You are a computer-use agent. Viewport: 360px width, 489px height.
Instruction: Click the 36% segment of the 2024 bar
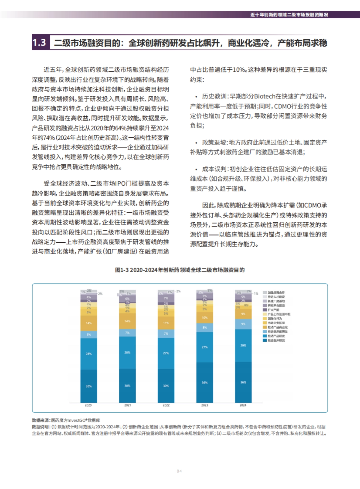coord(243,382)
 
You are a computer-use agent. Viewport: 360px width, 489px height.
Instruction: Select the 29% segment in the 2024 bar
coord(243,345)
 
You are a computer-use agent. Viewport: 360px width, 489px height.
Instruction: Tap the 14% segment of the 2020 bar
coord(88,323)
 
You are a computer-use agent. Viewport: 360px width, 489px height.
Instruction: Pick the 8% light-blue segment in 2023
coord(205,328)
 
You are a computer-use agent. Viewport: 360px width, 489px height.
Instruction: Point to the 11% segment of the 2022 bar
coord(166,323)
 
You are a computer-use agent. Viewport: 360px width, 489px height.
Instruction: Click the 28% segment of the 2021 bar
coord(127,352)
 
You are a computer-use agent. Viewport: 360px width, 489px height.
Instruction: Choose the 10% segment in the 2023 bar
coord(205,317)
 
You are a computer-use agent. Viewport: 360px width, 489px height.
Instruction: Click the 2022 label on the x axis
coord(166,405)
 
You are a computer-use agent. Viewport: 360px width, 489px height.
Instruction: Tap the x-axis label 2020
coord(88,405)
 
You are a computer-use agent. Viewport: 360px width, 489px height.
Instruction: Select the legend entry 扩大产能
coord(273,310)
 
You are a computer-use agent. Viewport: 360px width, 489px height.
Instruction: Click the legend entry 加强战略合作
coord(276,292)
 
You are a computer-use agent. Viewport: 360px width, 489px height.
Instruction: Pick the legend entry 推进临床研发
coord(276,340)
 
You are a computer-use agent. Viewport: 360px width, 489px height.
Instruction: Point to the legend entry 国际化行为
coord(274,319)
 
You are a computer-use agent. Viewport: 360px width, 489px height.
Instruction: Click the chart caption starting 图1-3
coord(180,270)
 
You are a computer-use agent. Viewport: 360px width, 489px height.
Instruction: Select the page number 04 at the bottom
coord(179,471)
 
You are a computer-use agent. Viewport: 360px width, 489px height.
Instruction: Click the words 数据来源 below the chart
coord(40,420)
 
